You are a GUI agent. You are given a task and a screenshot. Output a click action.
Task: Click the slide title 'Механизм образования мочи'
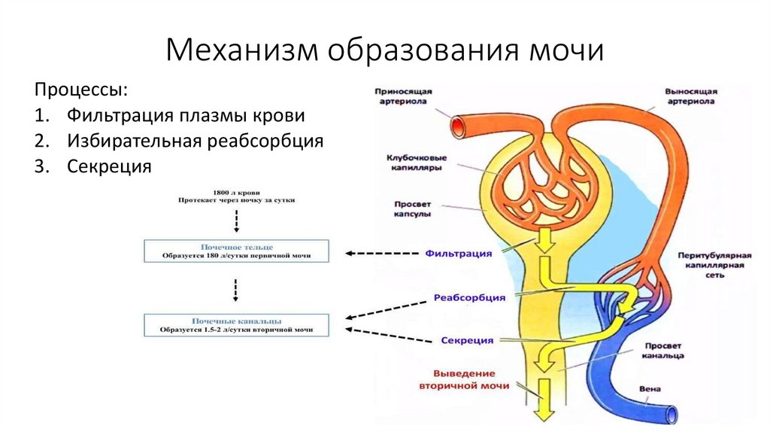coord(385,51)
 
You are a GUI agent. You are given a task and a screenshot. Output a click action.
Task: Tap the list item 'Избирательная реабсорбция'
coord(195,141)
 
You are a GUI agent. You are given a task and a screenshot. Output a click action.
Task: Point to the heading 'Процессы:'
coord(80,90)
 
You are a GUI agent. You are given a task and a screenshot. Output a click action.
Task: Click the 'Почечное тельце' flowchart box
coord(237,251)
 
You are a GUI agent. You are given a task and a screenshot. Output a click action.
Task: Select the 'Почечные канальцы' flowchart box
coord(237,324)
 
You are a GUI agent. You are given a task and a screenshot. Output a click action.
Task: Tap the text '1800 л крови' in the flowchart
coord(237,193)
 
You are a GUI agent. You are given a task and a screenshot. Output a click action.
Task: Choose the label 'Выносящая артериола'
coord(690,96)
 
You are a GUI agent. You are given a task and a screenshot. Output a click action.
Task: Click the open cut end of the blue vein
coord(671,414)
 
